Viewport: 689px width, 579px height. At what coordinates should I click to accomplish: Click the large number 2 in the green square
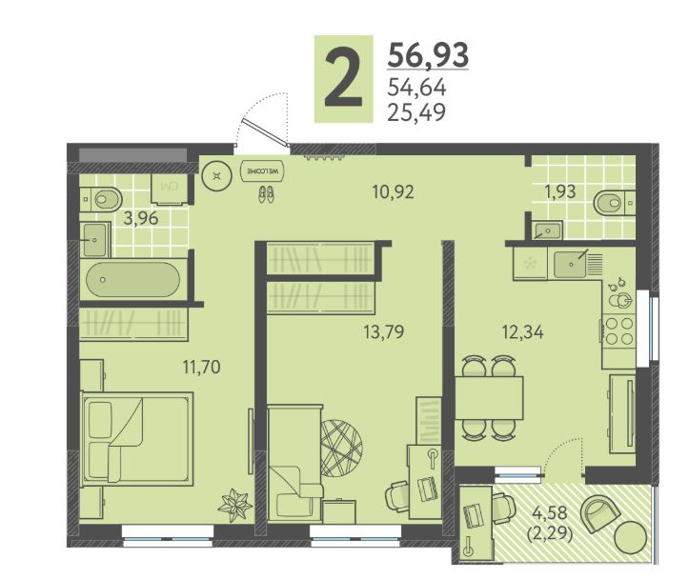tap(343, 79)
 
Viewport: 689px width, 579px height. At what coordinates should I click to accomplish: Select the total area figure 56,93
tap(428, 54)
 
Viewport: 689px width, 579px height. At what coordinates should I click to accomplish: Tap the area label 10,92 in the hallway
tap(393, 191)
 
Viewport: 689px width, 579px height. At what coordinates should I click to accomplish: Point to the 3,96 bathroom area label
tap(141, 218)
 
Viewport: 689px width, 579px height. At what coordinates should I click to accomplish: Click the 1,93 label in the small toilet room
tap(559, 191)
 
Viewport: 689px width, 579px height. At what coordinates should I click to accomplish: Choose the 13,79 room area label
tap(384, 331)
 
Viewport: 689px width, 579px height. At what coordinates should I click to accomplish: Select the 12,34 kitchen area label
tap(522, 331)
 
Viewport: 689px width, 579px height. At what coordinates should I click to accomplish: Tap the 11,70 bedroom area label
tap(201, 367)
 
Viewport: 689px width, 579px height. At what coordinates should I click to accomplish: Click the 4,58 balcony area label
tap(549, 511)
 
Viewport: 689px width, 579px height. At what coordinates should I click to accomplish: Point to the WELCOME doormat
tap(263, 170)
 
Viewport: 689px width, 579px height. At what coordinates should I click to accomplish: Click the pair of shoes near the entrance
tap(266, 194)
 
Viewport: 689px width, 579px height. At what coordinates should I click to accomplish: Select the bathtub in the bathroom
tap(132, 279)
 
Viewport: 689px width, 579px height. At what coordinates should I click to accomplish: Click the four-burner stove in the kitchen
tap(618, 331)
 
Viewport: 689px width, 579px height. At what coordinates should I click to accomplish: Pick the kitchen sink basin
tap(570, 264)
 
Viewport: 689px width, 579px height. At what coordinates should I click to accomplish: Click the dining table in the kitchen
tap(489, 398)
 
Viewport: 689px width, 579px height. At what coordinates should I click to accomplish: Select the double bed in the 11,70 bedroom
tap(137, 438)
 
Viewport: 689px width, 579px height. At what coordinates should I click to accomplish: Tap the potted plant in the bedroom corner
tap(234, 506)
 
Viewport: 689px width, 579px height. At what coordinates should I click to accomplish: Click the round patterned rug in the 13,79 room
tap(341, 449)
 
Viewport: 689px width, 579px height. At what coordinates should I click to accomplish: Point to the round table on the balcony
tap(630, 538)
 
